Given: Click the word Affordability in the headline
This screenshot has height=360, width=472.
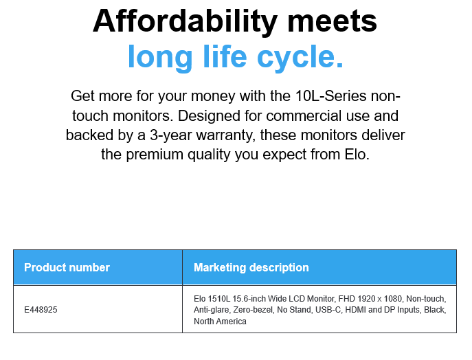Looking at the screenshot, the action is pos(185,22).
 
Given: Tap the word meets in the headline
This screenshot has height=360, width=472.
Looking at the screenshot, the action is pos(333,22).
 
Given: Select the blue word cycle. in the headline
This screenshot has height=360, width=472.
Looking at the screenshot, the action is pos(300,57).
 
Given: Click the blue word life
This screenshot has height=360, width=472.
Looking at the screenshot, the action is pos(225,56).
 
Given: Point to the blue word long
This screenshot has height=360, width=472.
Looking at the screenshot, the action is pos(160,58).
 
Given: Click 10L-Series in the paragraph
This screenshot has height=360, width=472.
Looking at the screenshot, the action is pos(331,96).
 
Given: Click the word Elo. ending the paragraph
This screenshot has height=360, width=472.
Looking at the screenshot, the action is pos(357,155).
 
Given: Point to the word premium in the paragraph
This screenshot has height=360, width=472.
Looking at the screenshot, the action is pos(155,155).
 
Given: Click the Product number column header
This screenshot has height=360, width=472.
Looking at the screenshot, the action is pos(67,267).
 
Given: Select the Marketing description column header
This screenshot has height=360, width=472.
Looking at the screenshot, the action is pos(251,267).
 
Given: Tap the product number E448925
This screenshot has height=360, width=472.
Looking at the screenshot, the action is pos(41,310).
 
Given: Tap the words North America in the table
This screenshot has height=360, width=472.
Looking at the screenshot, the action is pos(220,322).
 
